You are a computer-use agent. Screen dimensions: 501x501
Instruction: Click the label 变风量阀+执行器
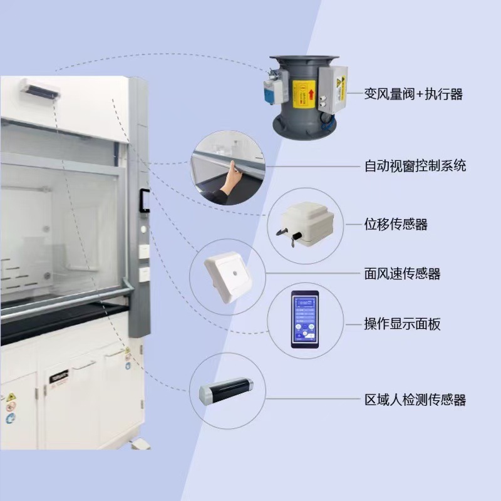(x=413, y=95)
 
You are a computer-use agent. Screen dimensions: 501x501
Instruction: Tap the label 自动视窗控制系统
(x=415, y=166)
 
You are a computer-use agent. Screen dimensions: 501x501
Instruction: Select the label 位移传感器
(x=396, y=224)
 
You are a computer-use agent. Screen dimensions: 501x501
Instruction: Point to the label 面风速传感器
(x=402, y=274)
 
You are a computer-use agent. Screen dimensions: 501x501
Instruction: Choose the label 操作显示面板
(x=402, y=324)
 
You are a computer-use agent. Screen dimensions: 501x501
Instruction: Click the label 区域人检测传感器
(x=415, y=400)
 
